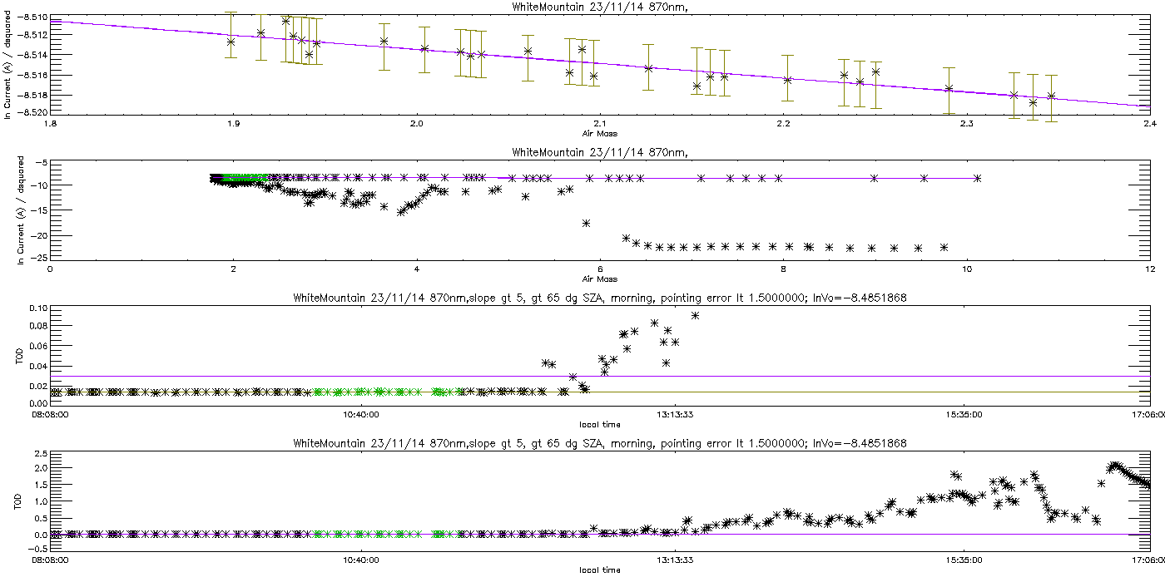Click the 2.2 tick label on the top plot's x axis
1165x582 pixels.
pos(782,124)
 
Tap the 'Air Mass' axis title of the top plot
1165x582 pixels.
pos(599,132)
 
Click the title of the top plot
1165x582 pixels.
pos(598,7)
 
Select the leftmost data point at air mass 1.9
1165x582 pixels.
pos(231,41)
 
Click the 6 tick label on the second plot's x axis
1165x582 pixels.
pos(600,269)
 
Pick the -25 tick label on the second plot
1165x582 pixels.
pos(37,257)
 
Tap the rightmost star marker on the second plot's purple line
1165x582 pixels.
pos(977,178)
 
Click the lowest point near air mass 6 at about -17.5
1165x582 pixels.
pos(586,223)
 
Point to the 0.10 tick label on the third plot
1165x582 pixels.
pos(36,308)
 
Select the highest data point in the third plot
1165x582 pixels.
pos(695,315)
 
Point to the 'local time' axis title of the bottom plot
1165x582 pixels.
pos(599,570)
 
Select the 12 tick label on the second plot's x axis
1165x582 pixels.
pos(1148,269)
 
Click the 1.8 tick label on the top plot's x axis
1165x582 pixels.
pos(51,124)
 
